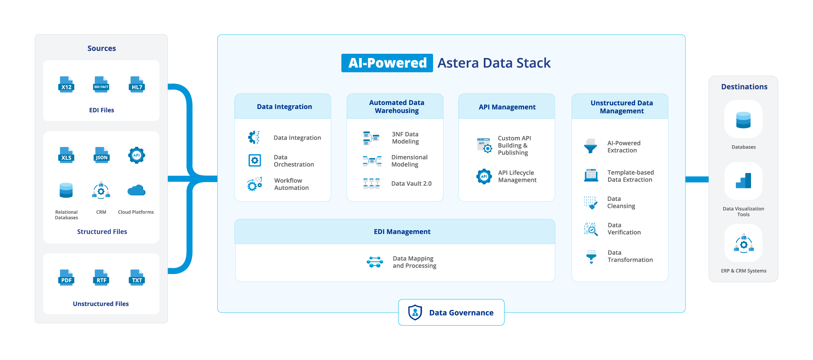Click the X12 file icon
tap(66, 85)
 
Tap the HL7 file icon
tap(137, 85)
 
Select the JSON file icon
tap(101, 155)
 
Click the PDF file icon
tap(66, 278)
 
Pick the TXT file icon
tap(137, 278)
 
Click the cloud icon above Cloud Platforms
tap(136, 191)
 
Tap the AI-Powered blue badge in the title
tap(387, 63)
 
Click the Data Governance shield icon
tap(415, 312)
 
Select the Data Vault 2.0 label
tap(411, 184)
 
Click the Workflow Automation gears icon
tap(255, 184)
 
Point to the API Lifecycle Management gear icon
tap(484, 176)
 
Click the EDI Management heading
tap(402, 232)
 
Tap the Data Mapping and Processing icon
tap(375, 262)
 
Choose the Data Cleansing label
tap(621, 202)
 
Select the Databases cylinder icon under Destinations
tap(743, 120)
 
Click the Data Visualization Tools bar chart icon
tap(743, 181)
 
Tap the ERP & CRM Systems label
tap(743, 271)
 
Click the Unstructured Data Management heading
tap(621, 107)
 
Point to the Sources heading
tap(102, 49)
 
